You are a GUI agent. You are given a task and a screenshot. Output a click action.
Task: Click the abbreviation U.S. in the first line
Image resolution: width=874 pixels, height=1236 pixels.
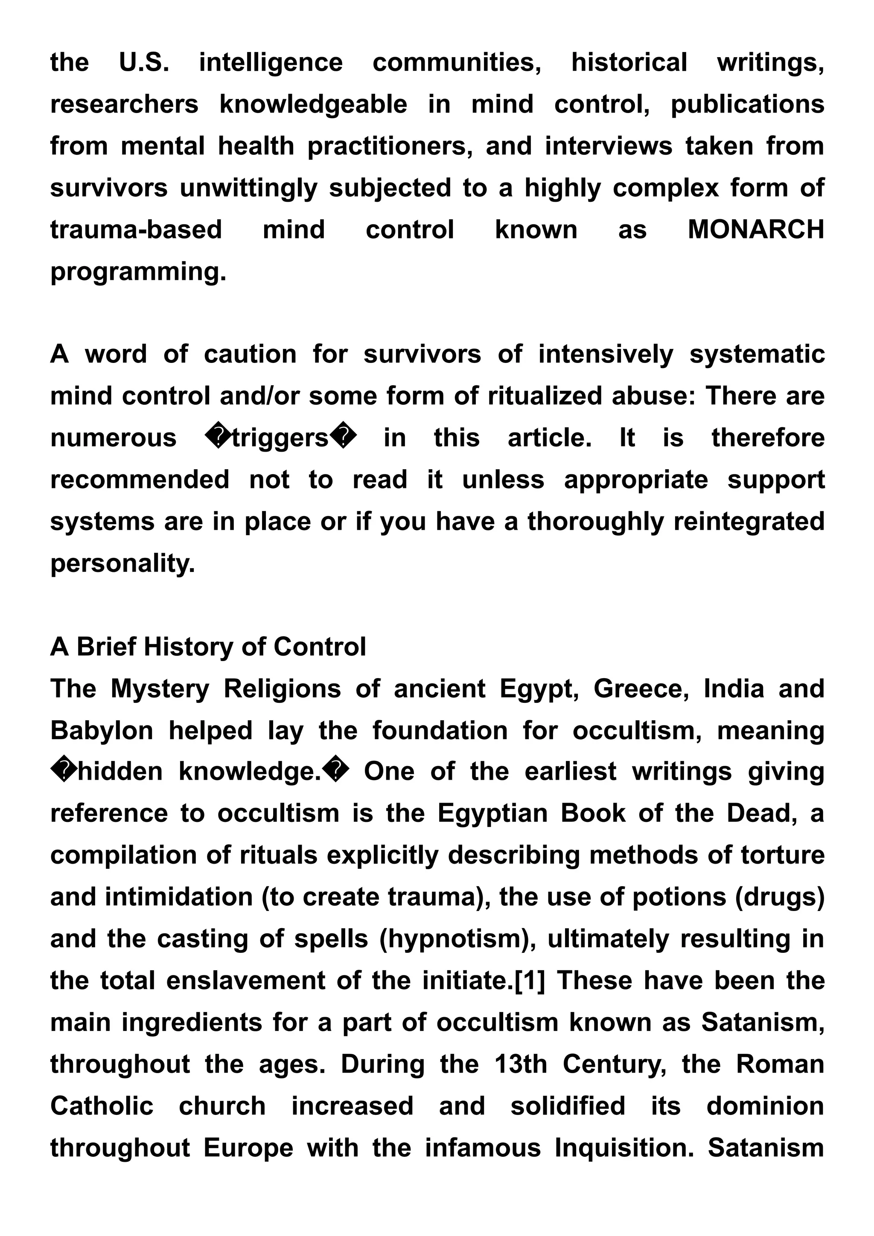coord(144,62)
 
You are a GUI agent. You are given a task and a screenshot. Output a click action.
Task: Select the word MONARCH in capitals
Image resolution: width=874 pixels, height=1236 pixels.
coord(755,230)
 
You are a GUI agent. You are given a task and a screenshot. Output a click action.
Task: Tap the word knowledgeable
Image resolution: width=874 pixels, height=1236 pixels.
coord(313,104)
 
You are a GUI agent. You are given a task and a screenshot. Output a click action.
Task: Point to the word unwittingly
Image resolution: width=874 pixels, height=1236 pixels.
coord(248,189)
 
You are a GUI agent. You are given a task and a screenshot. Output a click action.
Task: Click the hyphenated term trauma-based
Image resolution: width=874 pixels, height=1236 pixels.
coord(136,230)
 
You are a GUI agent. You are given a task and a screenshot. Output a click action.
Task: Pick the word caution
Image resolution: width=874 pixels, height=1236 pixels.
coord(250,355)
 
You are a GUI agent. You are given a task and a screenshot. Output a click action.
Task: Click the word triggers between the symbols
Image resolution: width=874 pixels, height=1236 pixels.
coord(280,438)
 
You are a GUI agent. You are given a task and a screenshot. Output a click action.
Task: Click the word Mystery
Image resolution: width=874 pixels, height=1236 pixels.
coord(160,689)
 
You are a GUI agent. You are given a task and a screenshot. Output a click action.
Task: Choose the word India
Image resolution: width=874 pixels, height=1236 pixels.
coord(734,689)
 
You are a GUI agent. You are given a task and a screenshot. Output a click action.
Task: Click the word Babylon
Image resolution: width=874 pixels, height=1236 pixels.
coord(102,731)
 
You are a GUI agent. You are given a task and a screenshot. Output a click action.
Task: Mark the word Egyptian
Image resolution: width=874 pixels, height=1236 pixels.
coord(492,814)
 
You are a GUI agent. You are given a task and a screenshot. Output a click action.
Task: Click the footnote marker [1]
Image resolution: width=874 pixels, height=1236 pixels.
coord(530,981)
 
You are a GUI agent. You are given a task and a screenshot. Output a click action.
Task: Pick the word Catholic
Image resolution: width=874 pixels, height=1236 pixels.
coord(102,1106)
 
